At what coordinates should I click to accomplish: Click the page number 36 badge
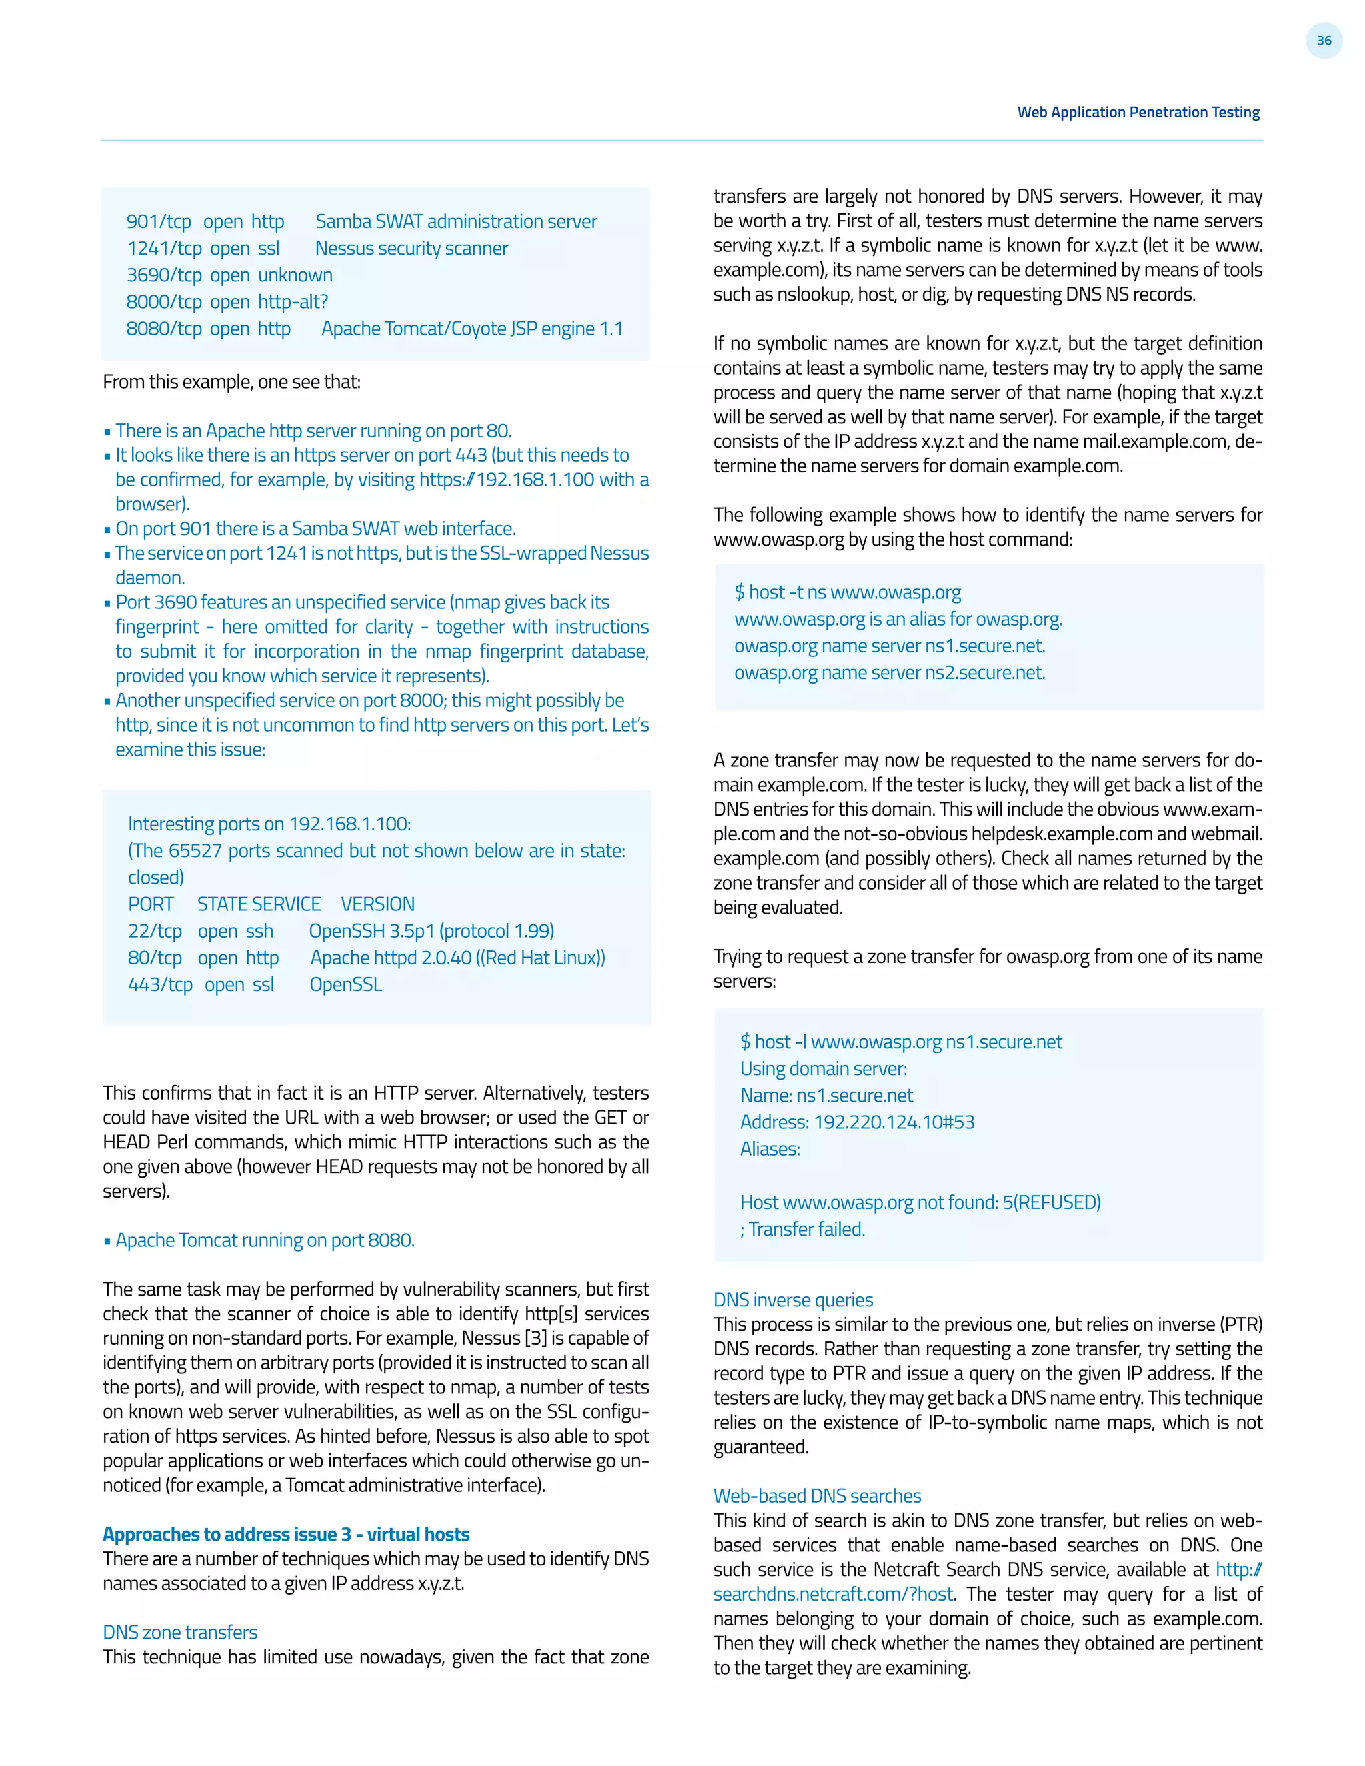tap(1323, 41)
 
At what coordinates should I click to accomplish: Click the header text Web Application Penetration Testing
tap(1138, 113)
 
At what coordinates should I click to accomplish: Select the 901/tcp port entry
tap(159, 221)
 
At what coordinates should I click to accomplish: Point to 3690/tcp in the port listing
tap(163, 275)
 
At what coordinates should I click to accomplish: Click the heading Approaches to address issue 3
tap(285, 1534)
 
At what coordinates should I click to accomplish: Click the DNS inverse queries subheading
tap(792, 1300)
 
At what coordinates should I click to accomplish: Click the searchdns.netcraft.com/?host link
tap(833, 1594)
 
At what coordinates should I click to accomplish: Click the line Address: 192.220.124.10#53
tap(856, 1122)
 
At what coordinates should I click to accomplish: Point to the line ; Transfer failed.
tap(802, 1228)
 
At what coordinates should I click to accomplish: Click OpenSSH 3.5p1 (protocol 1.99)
tap(431, 931)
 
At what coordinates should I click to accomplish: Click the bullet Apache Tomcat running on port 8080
tap(265, 1240)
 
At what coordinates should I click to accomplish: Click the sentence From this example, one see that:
tap(231, 382)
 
